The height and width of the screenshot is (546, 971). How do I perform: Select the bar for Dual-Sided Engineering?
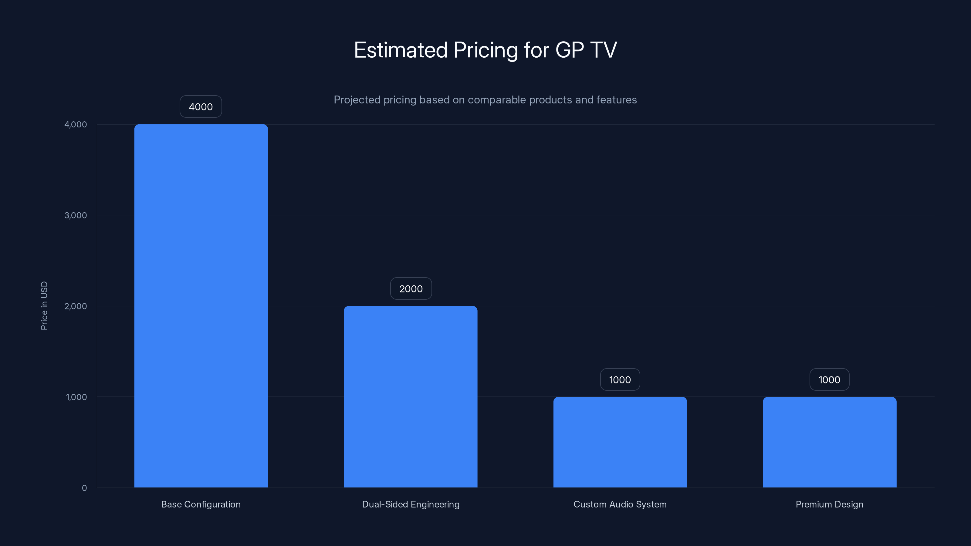tap(411, 396)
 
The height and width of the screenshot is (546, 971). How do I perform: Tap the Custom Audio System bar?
tap(620, 442)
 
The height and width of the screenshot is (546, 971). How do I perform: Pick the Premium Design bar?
tap(830, 442)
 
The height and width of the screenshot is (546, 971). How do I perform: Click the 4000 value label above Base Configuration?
tap(201, 107)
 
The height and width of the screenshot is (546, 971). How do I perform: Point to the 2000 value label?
tap(411, 289)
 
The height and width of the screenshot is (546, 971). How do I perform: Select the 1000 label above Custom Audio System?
tap(620, 379)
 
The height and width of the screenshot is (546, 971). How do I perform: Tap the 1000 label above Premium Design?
tap(829, 379)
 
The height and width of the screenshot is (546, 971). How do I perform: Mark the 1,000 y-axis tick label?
tap(76, 397)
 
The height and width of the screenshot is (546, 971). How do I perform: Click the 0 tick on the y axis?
tap(84, 488)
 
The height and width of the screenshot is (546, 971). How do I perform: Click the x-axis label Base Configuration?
tap(201, 504)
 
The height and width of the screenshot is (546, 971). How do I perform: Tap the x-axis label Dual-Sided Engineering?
tap(411, 504)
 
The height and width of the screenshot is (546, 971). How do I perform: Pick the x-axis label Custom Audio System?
tap(620, 504)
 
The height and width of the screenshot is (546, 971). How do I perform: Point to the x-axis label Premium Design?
tap(829, 504)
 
